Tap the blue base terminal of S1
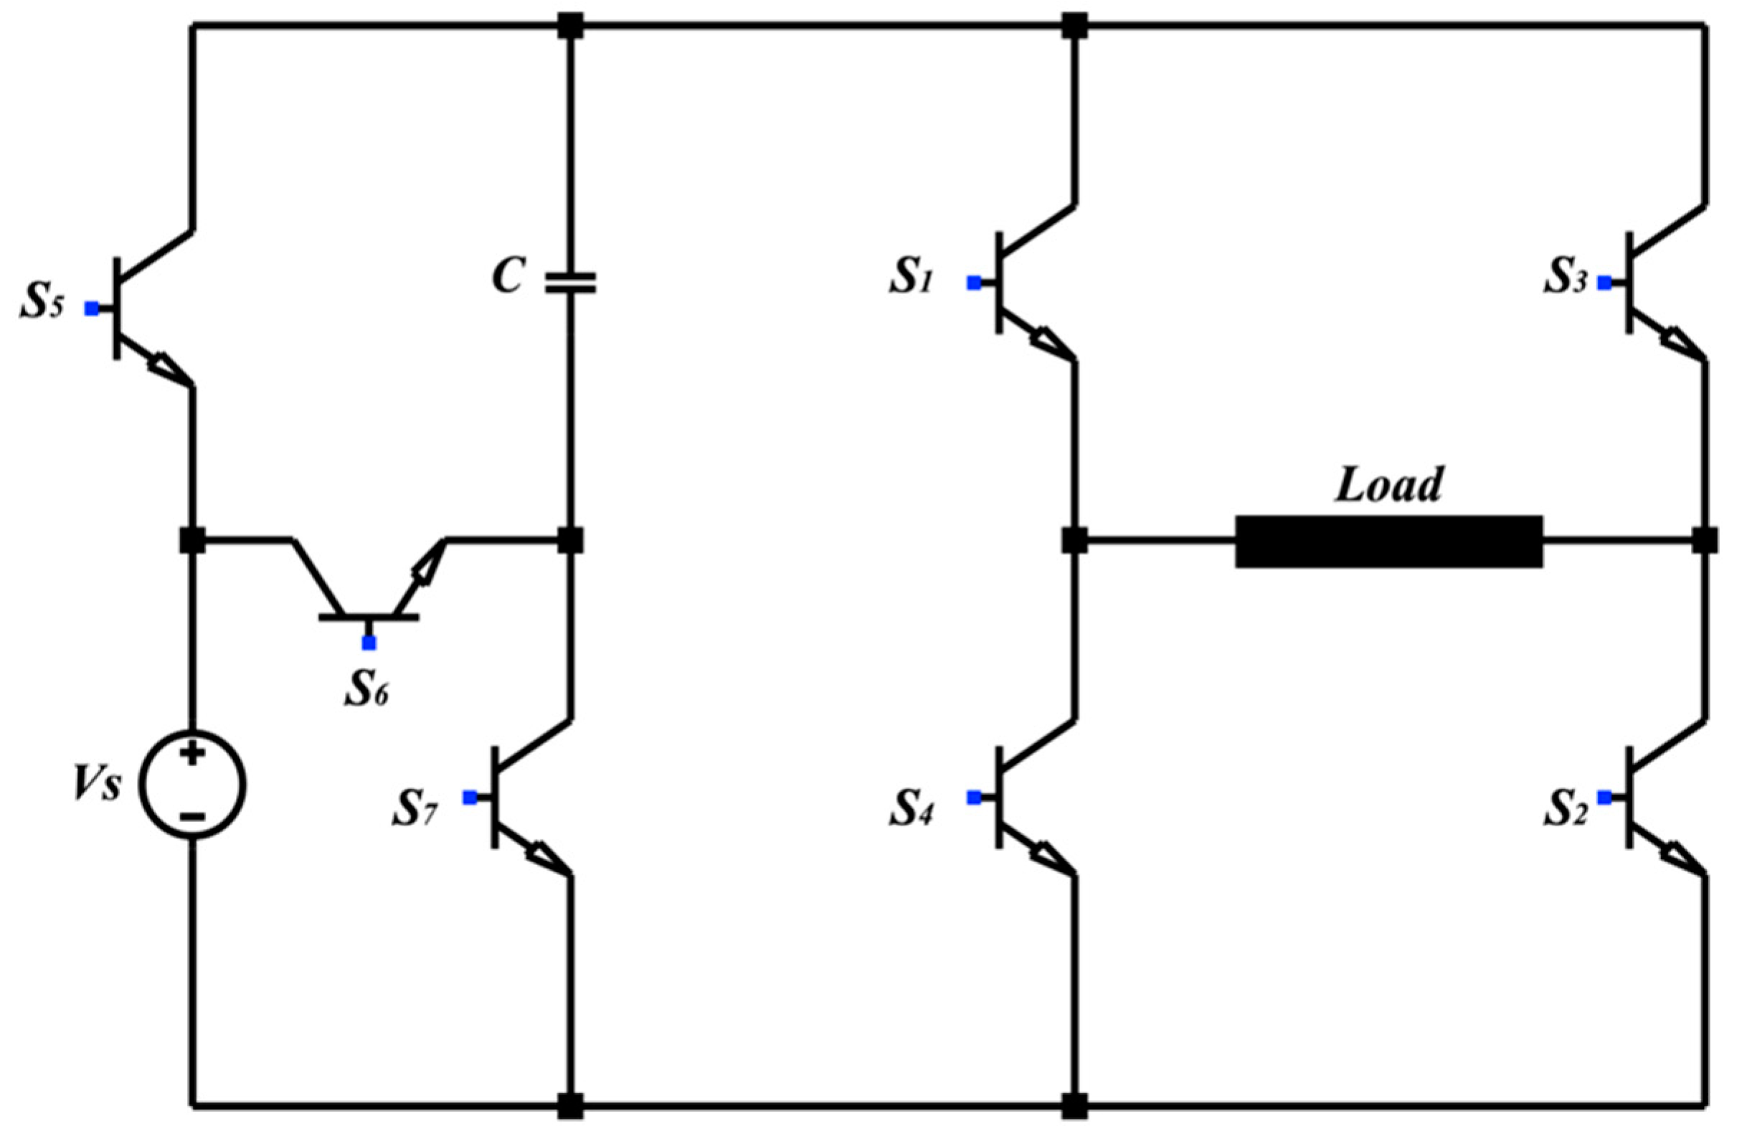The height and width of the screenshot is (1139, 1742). coord(973,283)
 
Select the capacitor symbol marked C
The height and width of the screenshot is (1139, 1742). coord(570,283)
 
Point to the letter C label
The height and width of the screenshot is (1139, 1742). coord(507,277)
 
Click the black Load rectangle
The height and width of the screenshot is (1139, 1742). coord(1389,542)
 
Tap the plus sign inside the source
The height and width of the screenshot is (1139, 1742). coord(191,754)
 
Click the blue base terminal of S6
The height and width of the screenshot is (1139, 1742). coord(369,643)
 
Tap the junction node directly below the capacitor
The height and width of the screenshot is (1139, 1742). coord(570,542)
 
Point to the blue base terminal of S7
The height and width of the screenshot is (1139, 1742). coord(470,798)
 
